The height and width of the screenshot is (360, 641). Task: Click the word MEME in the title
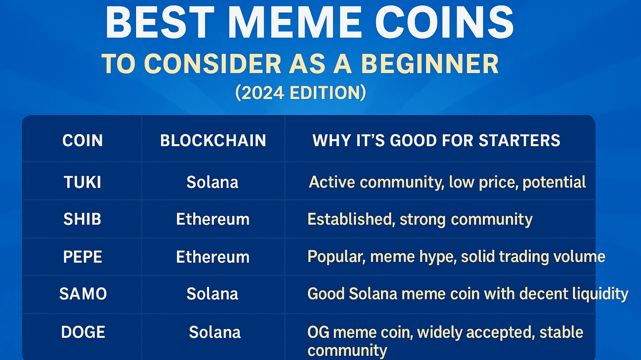pos(295,23)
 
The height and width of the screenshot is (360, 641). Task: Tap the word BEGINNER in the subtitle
pos(430,64)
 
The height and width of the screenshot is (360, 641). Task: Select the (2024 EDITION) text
pos(300,93)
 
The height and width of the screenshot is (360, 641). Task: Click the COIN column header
pos(83,140)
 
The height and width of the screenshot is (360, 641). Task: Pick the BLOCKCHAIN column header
pos(213,140)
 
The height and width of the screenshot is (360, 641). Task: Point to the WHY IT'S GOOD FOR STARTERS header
pos(436,140)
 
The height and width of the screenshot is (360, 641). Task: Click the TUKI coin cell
pos(83,183)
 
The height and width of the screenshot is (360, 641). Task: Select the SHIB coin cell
pos(83,219)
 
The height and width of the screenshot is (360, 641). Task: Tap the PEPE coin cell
pos(83,257)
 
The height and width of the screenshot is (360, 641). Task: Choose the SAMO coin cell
pos(83,294)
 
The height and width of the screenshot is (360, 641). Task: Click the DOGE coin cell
pos(83,332)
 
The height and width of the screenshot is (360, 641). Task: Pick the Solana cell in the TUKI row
pos(212,183)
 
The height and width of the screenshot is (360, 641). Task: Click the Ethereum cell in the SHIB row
pos(213,219)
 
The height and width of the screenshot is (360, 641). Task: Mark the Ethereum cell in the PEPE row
pos(213,257)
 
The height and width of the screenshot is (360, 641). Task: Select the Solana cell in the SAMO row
pos(212,294)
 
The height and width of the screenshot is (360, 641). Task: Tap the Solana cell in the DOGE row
pos(215,332)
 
